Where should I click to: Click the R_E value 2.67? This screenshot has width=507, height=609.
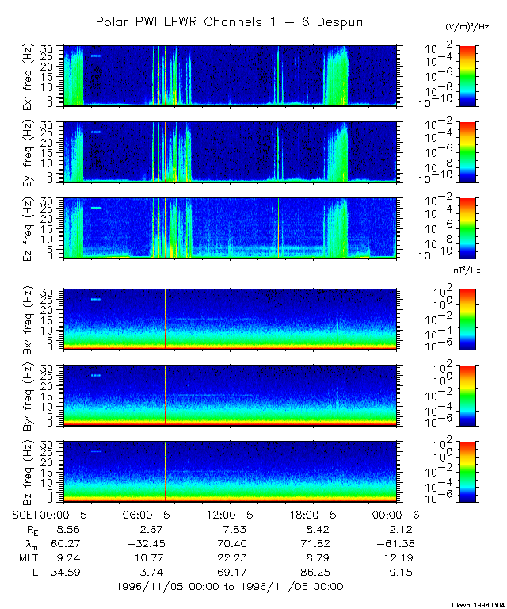tap(151, 529)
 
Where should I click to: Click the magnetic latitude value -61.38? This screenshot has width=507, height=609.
tap(398, 543)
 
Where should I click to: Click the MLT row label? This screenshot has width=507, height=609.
tap(28, 557)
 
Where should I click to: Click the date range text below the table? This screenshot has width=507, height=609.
tap(230, 587)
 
